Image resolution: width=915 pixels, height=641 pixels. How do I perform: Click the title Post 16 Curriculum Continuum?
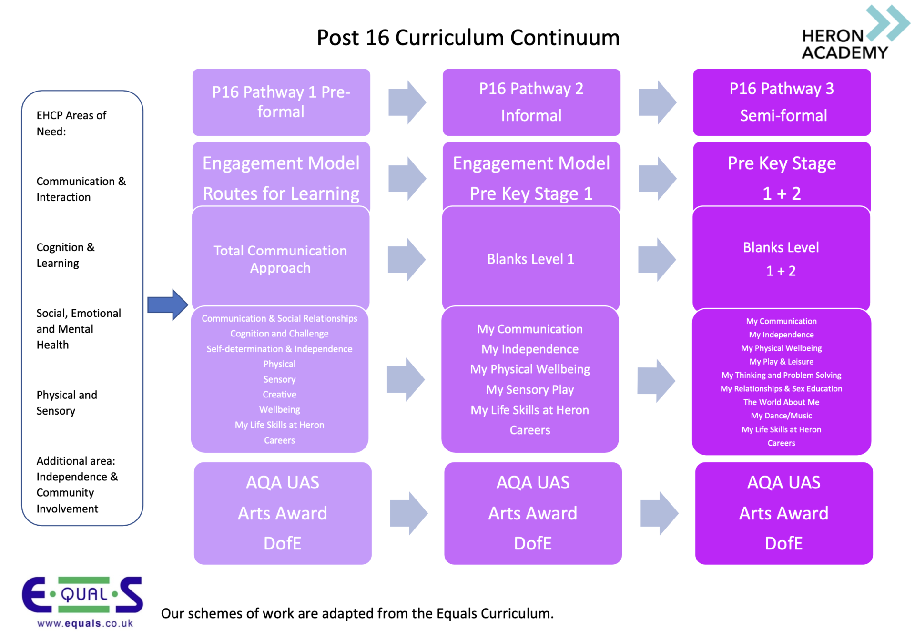(x=468, y=38)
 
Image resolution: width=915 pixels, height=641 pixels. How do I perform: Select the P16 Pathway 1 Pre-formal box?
(x=281, y=102)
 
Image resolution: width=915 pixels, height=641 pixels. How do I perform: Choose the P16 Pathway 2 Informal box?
(x=531, y=102)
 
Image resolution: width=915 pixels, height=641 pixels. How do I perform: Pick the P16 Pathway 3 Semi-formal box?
(x=782, y=102)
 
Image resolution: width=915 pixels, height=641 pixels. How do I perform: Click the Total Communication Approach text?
(x=280, y=259)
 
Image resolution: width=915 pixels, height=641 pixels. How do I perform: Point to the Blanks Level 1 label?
(x=530, y=259)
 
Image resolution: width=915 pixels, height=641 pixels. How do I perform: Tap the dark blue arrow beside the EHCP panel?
(x=167, y=305)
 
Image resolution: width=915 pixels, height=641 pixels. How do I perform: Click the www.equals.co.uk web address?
(x=85, y=623)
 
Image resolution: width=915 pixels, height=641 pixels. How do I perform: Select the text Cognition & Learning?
(x=65, y=255)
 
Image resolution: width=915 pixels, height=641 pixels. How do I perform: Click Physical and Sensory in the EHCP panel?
(x=67, y=403)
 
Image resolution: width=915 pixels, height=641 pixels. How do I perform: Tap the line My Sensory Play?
(x=530, y=390)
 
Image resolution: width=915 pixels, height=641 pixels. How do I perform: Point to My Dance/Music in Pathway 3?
(x=781, y=416)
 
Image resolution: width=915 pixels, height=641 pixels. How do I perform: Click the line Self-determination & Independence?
(x=279, y=349)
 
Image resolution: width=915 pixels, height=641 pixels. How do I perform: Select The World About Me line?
(x=781, y=402)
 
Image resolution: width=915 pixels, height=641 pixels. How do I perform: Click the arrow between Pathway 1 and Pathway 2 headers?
(x=407, y=102)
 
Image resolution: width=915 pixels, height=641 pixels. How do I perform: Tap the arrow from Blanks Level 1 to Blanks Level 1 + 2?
(x=657, y=259)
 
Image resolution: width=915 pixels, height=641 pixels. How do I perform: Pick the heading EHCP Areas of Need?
(x=71, y=123)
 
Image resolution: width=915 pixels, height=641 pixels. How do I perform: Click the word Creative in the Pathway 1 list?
(x=279, y=395)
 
